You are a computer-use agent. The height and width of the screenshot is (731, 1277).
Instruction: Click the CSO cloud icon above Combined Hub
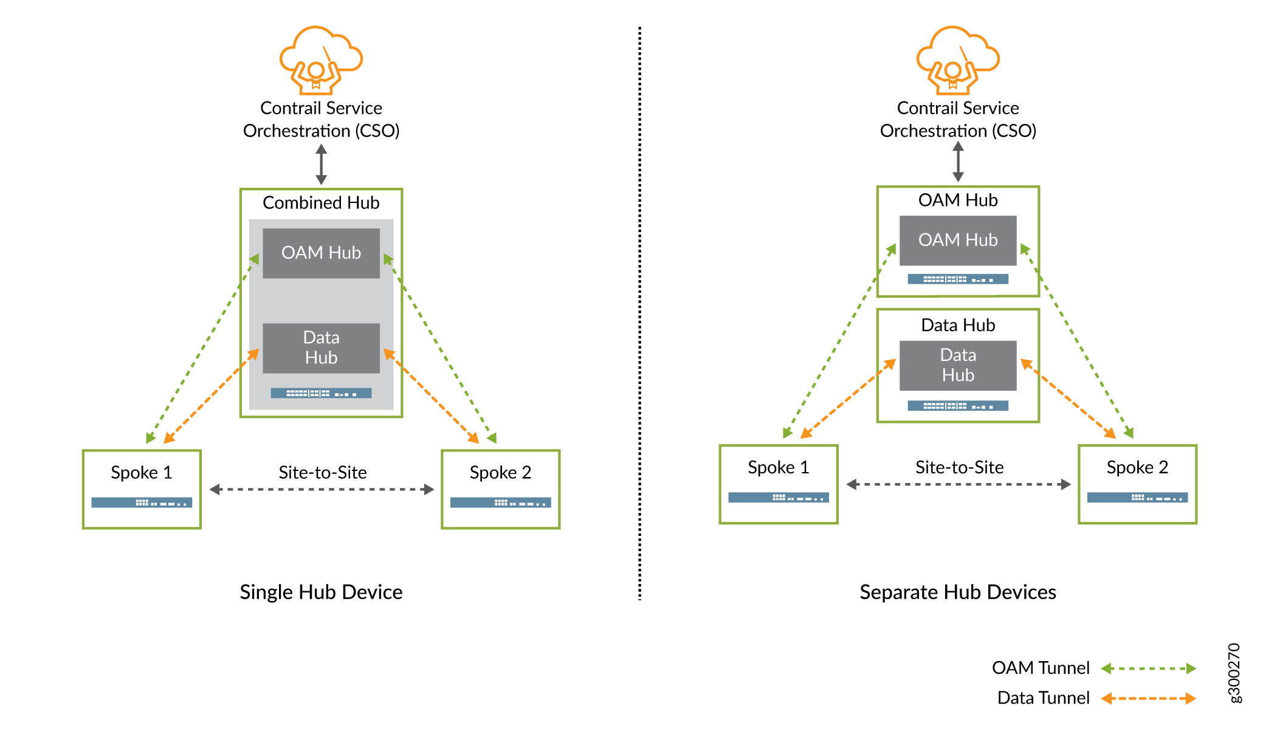[321, 60]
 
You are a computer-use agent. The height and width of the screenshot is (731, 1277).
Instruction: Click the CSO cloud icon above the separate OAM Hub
[958, 60]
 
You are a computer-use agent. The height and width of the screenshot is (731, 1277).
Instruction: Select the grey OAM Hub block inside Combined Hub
[321, 253]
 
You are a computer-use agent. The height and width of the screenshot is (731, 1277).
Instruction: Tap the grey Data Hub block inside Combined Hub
[321, 348]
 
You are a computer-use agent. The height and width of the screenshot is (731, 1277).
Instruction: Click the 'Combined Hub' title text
[321, 202]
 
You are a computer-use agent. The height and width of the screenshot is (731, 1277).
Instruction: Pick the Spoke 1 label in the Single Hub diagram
[141, 472]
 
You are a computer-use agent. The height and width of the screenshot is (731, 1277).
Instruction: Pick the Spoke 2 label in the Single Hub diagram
[500, 472]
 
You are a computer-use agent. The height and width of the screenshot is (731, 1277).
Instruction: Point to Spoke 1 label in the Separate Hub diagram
[778, 467]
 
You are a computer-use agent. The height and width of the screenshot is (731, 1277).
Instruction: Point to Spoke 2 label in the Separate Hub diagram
[1137, 467]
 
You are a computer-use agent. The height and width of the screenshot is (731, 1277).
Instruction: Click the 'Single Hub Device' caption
[321, 592]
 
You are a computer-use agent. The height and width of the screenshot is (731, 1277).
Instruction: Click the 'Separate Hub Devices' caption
[958, 592]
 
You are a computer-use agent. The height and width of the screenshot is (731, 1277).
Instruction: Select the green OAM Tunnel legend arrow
[1148, 668]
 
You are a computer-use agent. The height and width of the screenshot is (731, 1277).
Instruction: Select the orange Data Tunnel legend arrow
[1148, 698]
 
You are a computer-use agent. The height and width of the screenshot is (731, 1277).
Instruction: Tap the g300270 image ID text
[1234, 673]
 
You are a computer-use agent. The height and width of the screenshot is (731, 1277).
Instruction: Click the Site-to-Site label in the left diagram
[322, 472]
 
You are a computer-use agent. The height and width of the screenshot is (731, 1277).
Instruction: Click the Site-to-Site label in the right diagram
[959, 467]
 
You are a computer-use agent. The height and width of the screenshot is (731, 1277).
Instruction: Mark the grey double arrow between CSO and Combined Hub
[321, 164]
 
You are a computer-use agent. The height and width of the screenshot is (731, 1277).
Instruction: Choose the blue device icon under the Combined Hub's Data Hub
[321, 393]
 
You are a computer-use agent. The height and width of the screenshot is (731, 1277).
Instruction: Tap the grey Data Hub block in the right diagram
[958, 365]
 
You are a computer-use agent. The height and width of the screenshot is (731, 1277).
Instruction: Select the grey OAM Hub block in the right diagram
[958, 240]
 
